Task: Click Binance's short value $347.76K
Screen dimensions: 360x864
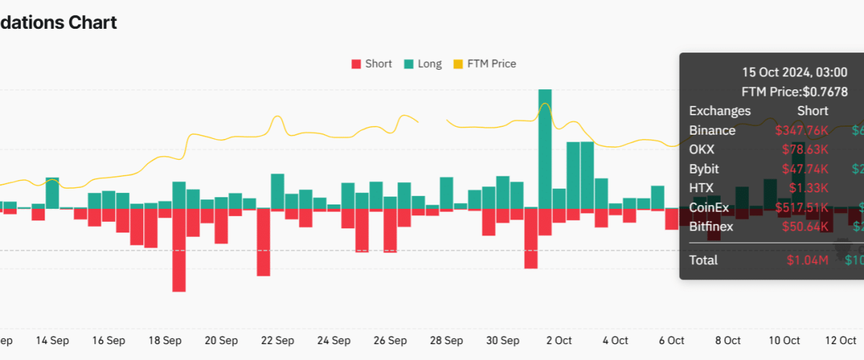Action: point(801,130)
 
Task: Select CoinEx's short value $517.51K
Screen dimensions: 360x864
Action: point(801,208)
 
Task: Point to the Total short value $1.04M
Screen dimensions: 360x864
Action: point(807,260)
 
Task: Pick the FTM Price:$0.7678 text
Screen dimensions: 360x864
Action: point(794,91)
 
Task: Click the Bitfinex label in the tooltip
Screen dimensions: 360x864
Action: point(711,228)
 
